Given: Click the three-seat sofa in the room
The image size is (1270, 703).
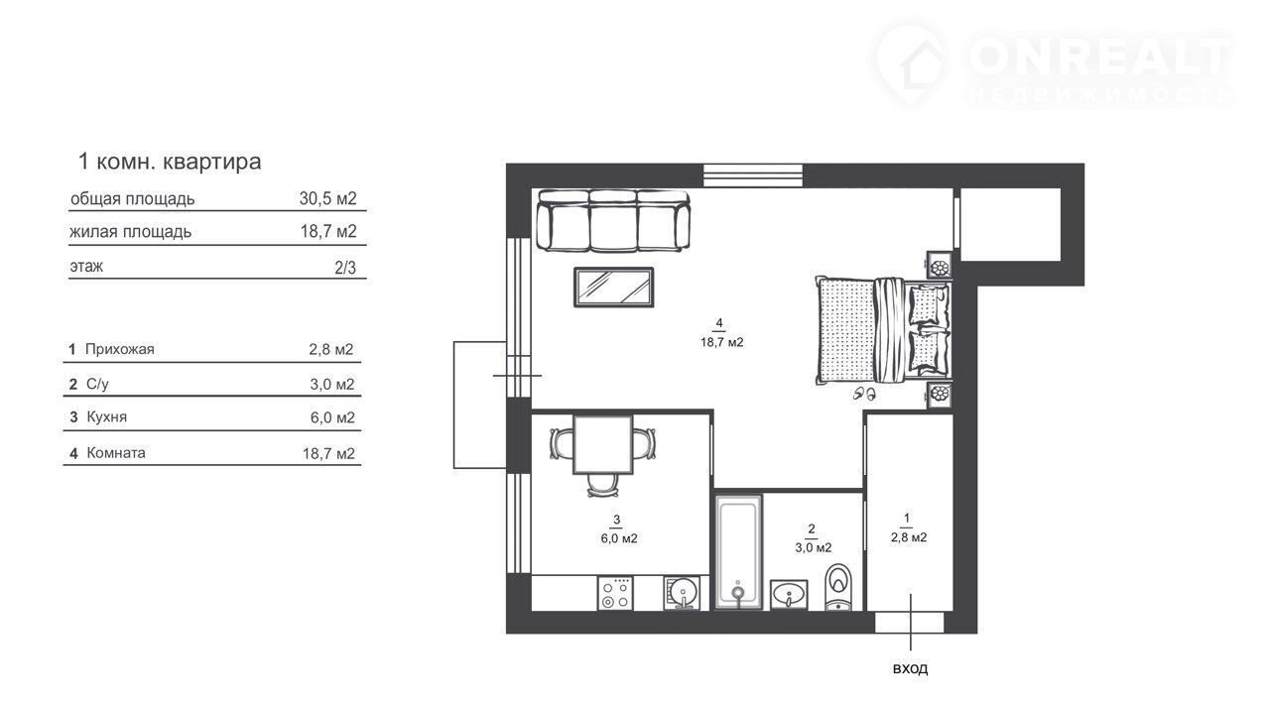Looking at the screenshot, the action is coord(613,221).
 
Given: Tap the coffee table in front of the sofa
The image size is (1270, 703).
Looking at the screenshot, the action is coord(614,288).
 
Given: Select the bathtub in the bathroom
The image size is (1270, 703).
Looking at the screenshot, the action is coord(738,551).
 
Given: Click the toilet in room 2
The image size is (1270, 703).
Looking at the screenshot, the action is coord(838,587).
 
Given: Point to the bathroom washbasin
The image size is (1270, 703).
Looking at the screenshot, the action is coord(789,595).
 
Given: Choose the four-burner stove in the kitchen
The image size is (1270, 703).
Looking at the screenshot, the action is coord(615,593).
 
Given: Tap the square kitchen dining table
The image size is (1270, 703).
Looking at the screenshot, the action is coord(602,444).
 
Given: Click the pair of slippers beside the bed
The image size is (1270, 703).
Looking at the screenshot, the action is coord(864,393).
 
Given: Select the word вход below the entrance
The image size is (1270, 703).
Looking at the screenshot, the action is coord(910,668).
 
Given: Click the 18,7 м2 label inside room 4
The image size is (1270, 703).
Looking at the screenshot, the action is coord(721,342).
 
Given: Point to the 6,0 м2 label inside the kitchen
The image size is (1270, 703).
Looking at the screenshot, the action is coord(619,538).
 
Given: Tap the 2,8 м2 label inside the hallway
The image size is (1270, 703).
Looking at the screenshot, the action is coord(908,537).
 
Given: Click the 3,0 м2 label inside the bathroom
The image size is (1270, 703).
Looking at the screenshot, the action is coord(813,547).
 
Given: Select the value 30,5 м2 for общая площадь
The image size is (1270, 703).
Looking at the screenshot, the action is coord(327,198).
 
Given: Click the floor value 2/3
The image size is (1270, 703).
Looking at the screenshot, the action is coord(344,267).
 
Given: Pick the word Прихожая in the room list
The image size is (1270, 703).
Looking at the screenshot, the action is coord(120,349).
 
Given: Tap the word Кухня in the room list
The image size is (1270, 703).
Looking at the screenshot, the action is coord(106,416).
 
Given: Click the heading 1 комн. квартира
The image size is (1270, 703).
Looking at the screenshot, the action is coord(170,162).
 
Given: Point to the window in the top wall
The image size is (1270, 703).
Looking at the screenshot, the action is coord(753,176).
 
